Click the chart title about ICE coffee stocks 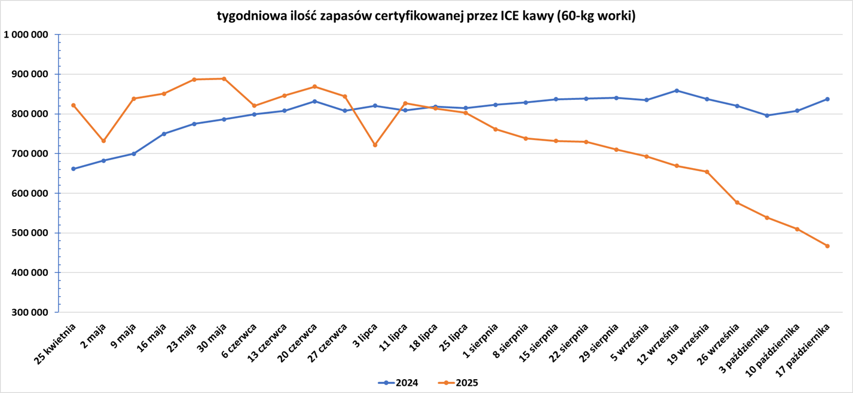click(x=426, y=16)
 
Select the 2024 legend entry click(x=399, y=383)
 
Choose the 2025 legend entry click(x=458, y=383)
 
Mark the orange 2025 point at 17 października click(x=827, y=246)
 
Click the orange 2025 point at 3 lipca click(x=375, y=145)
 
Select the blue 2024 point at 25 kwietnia click(x=74, y=169)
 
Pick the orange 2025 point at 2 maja click(x=104, y=141)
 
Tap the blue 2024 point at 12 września click(x=677, y=90)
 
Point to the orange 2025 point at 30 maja click(x=224, y=78)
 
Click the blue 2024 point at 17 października click(x=827, y=99)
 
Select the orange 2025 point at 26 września click(x=737, y=203)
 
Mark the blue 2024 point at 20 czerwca click(x=315, y=101)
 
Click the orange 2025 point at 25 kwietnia click(x=74, y=105)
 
